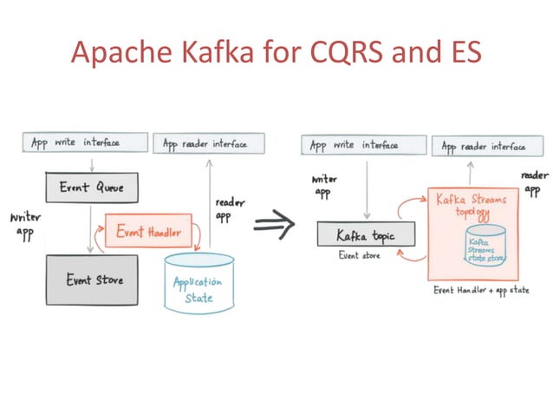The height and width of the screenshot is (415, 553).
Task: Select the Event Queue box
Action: coord(91,187)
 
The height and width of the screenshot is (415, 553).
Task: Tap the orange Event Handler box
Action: coord(148,232)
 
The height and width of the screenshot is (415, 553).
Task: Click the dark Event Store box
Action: coord(91,280)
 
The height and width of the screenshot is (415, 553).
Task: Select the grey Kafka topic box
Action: coord(365,234)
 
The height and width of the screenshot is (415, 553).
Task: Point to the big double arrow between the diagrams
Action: coord(275,226)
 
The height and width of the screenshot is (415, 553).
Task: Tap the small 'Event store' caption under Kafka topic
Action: coord(360,256)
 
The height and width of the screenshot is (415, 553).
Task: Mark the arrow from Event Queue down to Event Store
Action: coord(91,227)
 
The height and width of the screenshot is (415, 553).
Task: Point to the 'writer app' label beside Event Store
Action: coord(23,225)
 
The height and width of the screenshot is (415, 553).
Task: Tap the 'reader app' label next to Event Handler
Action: coord(229,209)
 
